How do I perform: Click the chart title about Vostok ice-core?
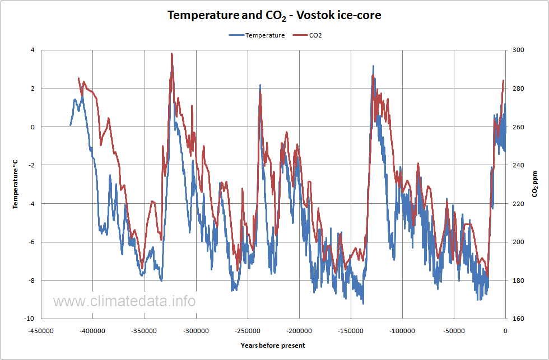pos(274,15)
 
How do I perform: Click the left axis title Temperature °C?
pos(16,184)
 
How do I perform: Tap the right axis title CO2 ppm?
pos(534,184)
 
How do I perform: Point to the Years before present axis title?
pos(273,345)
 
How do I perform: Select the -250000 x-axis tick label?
pos(248,331)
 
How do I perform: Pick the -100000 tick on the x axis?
pos(402,331)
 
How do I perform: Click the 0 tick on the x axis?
pos(505,331)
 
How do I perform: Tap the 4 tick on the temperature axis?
pos(32,50)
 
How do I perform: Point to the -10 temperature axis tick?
pos(30,319)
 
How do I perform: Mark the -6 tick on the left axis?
pos(31,242)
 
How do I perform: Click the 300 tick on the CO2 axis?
pos(519,50)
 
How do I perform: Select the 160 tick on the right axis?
pos(519,319)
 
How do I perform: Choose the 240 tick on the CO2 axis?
pos(519,165)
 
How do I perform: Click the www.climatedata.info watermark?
pos(124,301)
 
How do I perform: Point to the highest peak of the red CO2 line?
pos(172,54)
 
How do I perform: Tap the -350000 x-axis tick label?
pos(145,331)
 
